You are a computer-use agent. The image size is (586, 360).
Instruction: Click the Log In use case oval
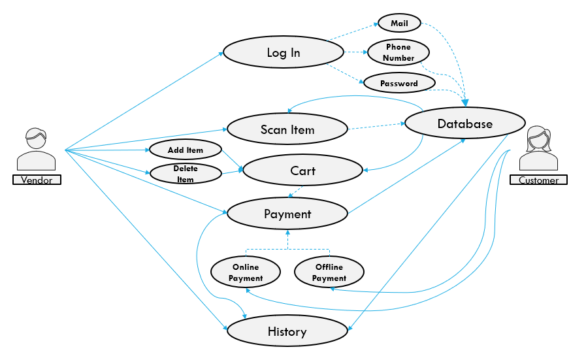(284, 52)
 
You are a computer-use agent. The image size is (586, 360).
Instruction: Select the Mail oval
(399, 23)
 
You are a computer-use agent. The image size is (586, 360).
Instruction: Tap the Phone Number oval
(399, 52)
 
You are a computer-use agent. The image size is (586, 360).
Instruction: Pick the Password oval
(399, 83)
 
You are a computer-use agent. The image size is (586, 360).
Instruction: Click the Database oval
(465, 123)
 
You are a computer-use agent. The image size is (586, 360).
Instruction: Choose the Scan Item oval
(287, 129)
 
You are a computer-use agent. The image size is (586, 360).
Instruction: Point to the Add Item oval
(186, 150)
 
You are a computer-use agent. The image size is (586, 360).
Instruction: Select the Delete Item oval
(186, 173)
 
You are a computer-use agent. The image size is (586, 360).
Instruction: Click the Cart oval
(302, 171)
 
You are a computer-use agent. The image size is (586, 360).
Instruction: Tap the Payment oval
(287, 214)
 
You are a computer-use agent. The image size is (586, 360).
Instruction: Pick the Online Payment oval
(246, 272)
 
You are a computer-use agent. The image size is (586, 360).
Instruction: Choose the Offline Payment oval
(329, 272)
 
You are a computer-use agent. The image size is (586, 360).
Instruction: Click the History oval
(287, 331)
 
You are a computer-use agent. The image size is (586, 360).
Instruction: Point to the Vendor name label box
(37, 180)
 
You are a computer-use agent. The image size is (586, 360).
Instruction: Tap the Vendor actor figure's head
(37, 139)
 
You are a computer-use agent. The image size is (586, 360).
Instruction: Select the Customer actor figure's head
(539, 138)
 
